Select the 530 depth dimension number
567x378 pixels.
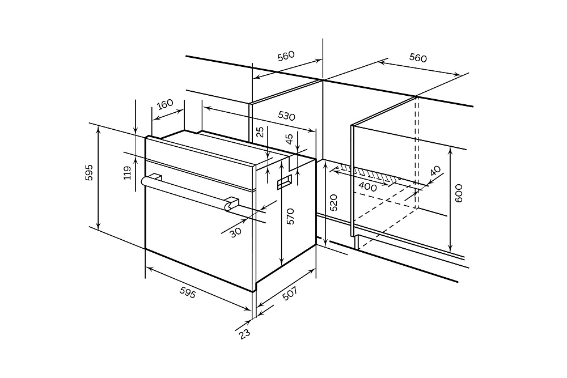[287, 116]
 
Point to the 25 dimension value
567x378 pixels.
[260, 133]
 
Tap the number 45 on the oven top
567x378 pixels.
[289, 138]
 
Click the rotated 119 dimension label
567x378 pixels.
[128, 172]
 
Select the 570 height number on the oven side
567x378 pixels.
[290, 217]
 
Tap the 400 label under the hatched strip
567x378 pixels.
[368, 186]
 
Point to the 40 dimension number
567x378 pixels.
[435, 171]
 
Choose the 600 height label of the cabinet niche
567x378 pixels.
[459, 194]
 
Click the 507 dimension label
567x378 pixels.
[289, 295]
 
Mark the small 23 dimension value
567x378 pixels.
[244, 333]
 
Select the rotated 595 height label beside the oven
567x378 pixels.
[89, 172]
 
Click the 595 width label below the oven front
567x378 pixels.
[188, 293]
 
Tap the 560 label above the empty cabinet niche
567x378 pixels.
[418, 58]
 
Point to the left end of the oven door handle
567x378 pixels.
[144, 181]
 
